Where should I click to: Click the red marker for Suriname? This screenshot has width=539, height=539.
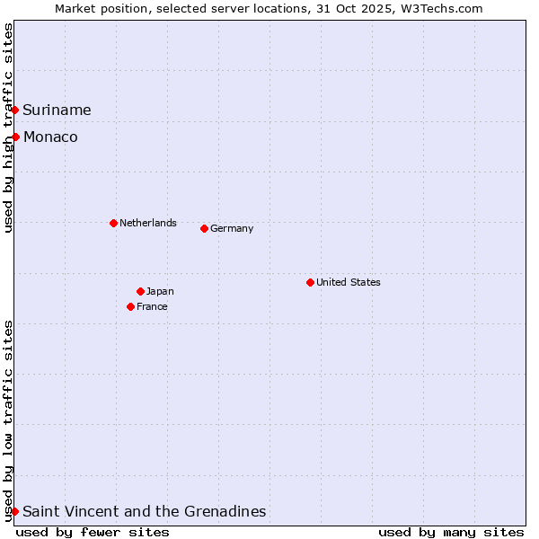pos(15,110)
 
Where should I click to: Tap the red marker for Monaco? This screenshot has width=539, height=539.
pos(16,137)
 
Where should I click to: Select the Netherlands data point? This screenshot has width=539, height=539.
pos(113,223)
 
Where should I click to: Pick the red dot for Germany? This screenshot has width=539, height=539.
pos(204,228)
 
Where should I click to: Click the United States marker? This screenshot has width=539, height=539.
pos(310,282)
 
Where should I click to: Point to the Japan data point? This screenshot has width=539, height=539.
pos(140,291)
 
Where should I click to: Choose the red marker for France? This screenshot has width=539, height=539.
pos(131,306)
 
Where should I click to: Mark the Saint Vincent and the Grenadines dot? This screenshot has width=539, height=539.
pos(15,511)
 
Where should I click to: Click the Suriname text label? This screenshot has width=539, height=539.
pos(57,110)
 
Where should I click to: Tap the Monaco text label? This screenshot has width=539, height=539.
pos(50,137)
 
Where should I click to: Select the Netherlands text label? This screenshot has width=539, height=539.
pos(148,223)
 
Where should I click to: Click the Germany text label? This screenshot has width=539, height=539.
pos(232,228)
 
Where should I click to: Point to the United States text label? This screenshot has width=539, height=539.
pos(349,282)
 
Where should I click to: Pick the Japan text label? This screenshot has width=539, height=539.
pos(160,291)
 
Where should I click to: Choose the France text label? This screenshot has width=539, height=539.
pos(152,306)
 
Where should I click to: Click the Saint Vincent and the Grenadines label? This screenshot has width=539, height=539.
pos(144,511)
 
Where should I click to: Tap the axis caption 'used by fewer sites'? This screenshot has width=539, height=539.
pos(93,532)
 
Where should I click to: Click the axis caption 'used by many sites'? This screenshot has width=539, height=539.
pos(451,532)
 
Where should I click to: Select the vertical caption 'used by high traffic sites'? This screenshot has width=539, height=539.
pos(9,128)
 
